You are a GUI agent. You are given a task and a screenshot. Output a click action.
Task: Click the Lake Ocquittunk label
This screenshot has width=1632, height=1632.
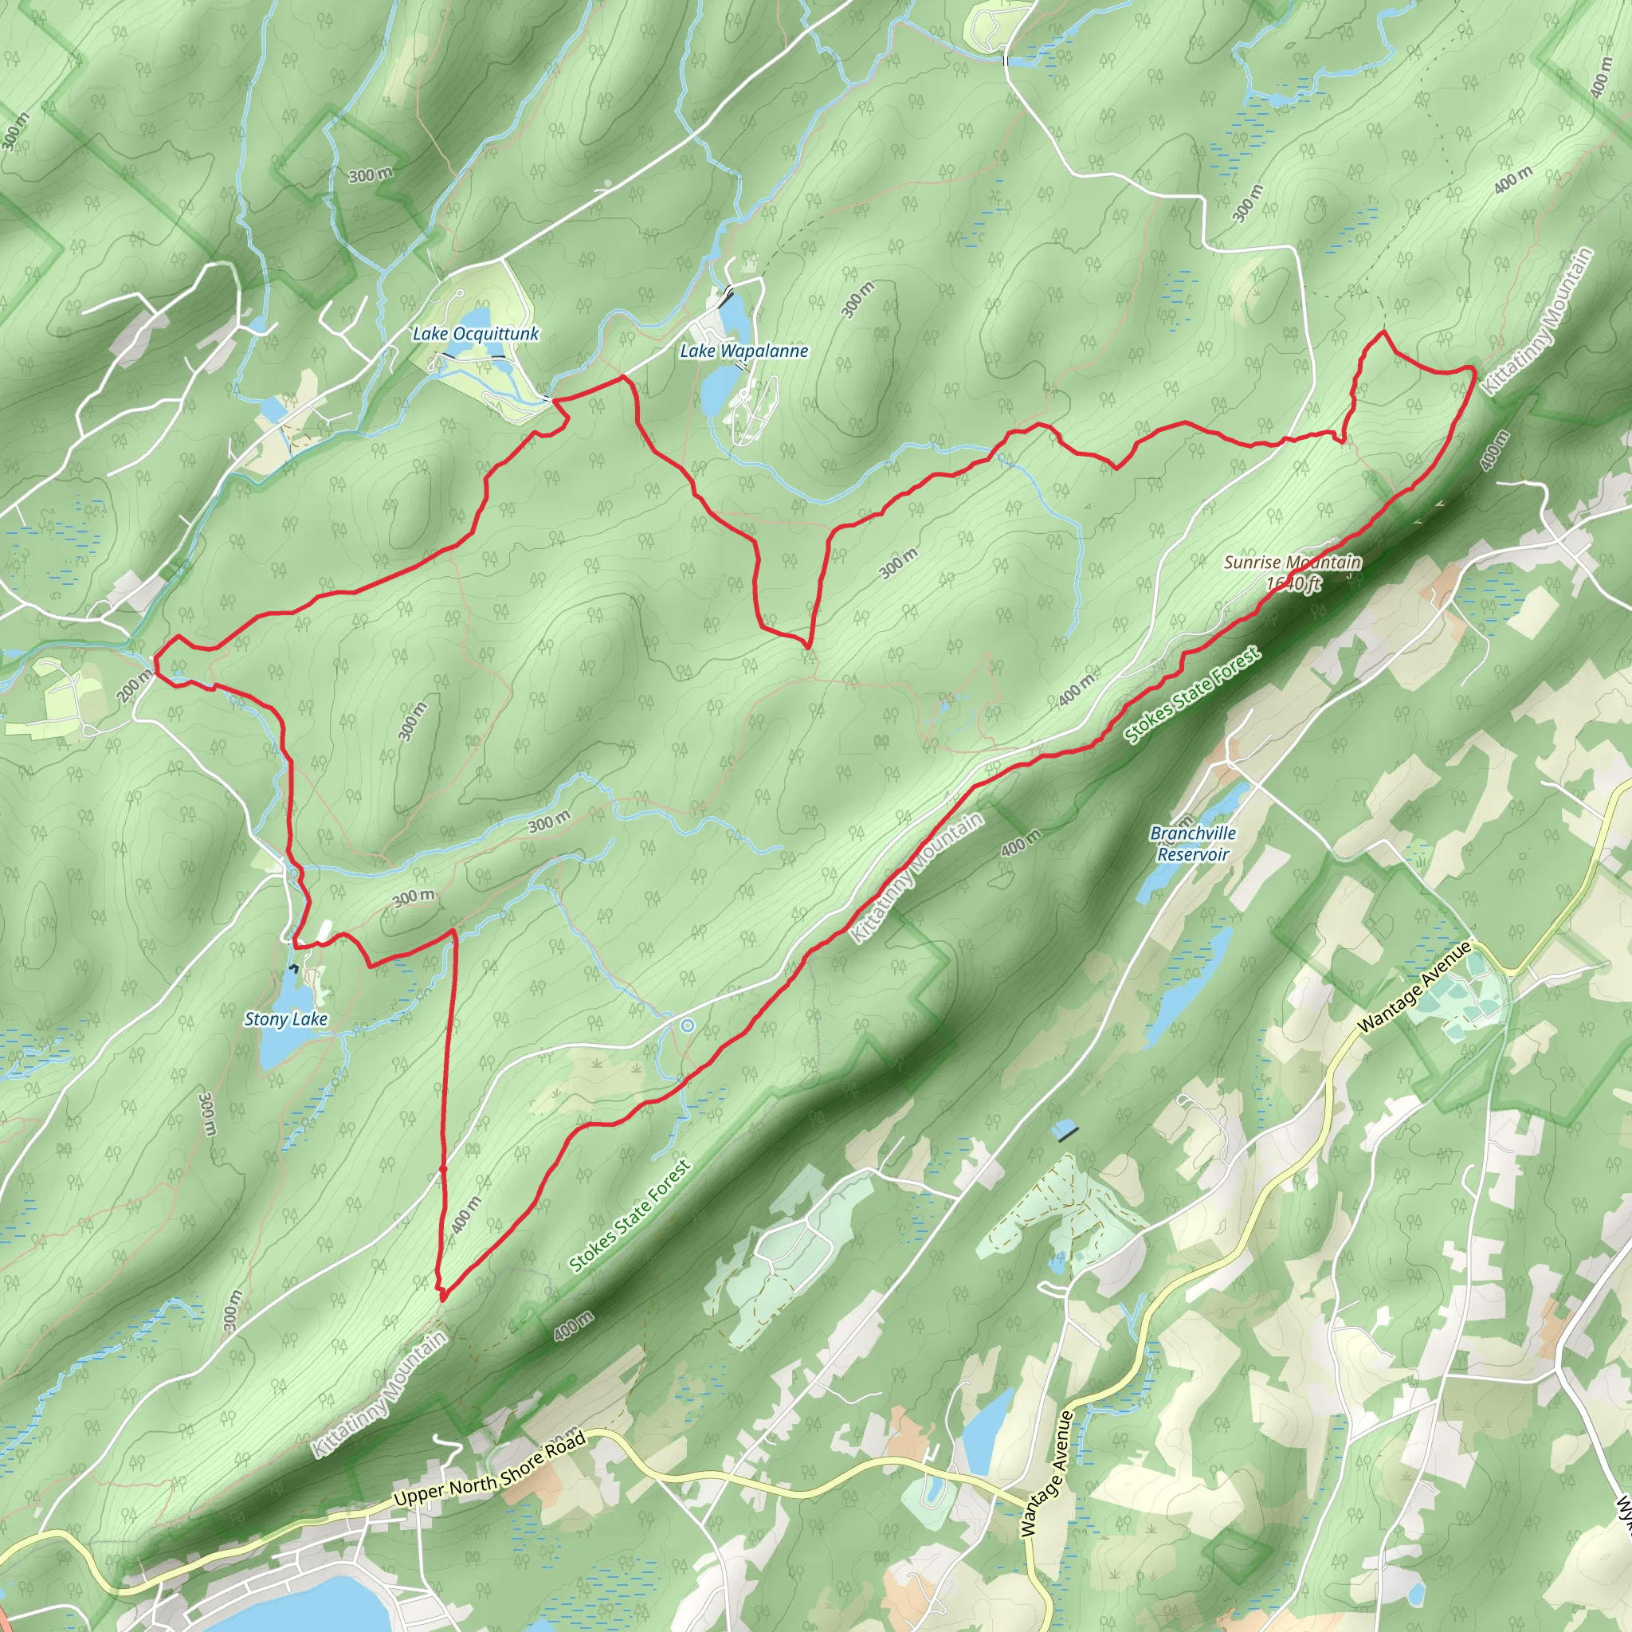click(476, 334)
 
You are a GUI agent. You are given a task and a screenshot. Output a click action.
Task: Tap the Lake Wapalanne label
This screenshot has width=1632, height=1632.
click(744, 351)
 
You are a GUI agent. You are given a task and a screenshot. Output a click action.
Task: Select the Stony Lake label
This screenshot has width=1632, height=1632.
click(285, 1018)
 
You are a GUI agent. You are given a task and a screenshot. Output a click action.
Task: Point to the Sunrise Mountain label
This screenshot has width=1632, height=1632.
click(1293, 562)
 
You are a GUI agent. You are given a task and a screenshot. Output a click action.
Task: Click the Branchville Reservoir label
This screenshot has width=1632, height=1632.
click(1193, 843)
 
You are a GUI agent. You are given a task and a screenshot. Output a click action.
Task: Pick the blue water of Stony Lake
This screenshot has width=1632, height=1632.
click(279, 1047)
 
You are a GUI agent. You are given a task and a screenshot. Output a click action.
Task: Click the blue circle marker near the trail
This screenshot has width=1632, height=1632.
click(688, 1026)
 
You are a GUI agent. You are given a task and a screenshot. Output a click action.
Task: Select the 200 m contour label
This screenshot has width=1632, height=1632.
click(135, 684)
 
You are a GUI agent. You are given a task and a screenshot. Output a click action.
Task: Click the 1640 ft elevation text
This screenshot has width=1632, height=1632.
click(1293, 583)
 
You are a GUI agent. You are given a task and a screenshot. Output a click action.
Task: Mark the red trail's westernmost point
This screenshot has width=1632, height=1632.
click(155, 657)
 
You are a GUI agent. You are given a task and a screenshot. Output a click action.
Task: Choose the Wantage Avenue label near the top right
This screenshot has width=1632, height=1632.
click(1415, 987)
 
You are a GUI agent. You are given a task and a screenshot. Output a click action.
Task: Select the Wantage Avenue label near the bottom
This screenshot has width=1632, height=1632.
click(1046, 1473)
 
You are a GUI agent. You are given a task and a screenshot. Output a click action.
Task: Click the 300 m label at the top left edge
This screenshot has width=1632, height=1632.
click(14, 131)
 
